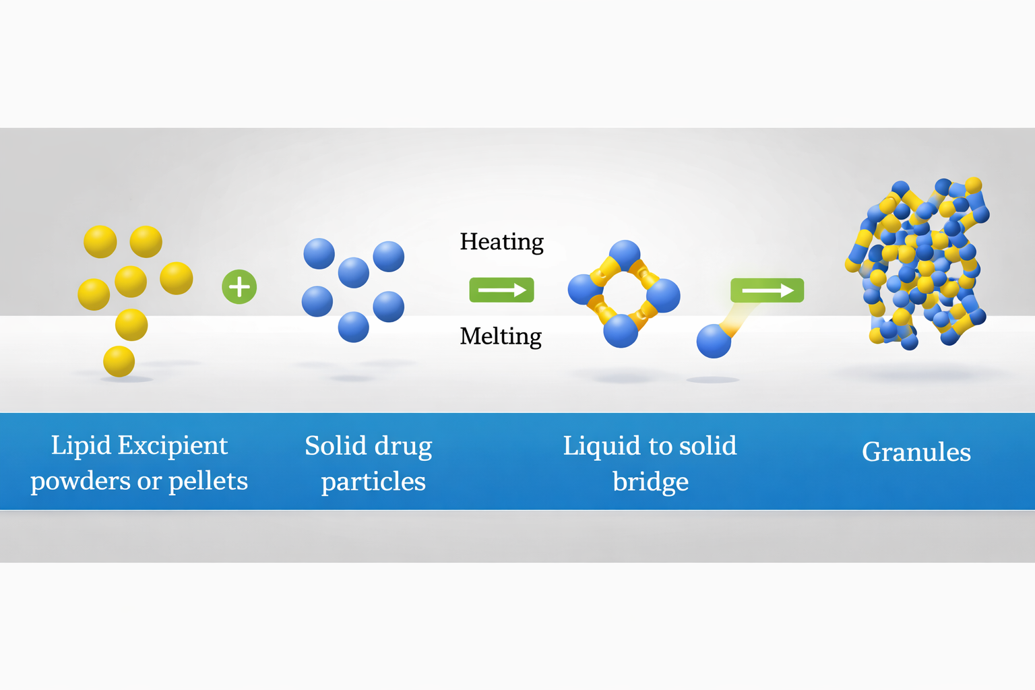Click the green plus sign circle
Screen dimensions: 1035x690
pos(239,287)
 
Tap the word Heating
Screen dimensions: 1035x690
pos(502,242)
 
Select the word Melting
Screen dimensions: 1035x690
pos(501,336)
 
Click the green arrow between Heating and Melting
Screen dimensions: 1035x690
pos(502,290)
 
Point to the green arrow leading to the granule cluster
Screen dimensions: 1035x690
pos(767,290)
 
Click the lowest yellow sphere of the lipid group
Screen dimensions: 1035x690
pos(119,361)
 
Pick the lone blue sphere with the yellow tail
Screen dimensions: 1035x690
pos(714,341)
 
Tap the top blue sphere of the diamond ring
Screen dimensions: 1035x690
pos(625,255)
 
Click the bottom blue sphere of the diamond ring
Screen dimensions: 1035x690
pos(621,331)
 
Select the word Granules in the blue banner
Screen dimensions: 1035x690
pos(916,452)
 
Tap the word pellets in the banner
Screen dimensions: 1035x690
pos(208,481)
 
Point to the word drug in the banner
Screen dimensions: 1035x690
pos(404,447)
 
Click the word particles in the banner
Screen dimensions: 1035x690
pos(373,482)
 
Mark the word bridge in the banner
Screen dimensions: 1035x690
pos(650,482)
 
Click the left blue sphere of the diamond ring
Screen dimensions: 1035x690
pos(585,290)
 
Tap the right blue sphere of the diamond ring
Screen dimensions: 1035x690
pos(664,296)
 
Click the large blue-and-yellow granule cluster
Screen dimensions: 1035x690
pos(917,263)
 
